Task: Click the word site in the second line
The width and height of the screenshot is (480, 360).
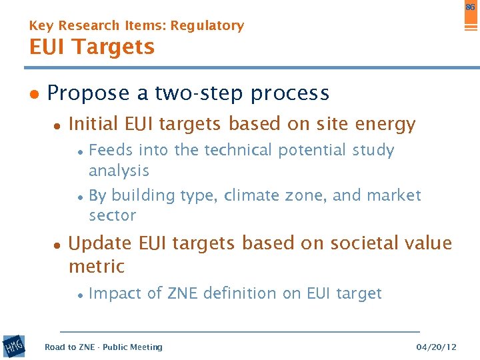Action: pos(307,124)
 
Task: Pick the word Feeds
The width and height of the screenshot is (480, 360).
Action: pos(109,151)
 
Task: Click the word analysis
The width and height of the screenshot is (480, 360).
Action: pos(119,171)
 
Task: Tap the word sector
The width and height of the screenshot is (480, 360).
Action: pos(112,215)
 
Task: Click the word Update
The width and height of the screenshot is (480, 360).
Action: pos(101,244)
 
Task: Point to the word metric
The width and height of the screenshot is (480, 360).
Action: pos(97,267)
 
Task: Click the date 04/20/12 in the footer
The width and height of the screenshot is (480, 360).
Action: pos(436,347)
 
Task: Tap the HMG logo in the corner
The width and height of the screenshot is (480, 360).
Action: pos(13,346)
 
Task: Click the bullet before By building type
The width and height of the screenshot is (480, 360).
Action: pos(79,196)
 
